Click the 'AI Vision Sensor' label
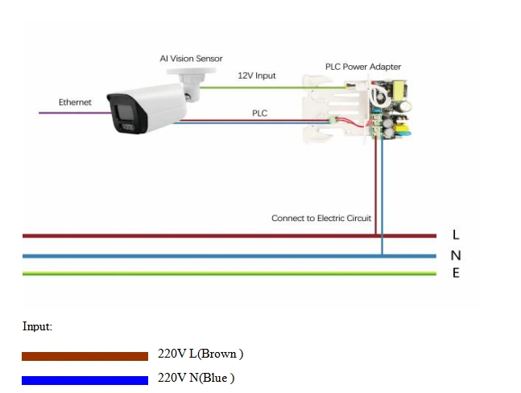190,59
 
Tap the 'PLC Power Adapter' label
362,67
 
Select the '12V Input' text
256,76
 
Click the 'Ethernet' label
75,102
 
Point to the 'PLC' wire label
259,114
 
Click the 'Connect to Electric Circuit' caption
320,219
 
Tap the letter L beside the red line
456,235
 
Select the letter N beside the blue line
456,256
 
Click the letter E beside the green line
456,273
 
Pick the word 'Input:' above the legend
37,327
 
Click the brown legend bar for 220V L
85,356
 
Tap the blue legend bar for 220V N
85,380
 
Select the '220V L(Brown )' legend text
201,354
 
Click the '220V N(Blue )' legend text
196,378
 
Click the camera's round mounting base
192,76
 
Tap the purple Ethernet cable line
72,113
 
